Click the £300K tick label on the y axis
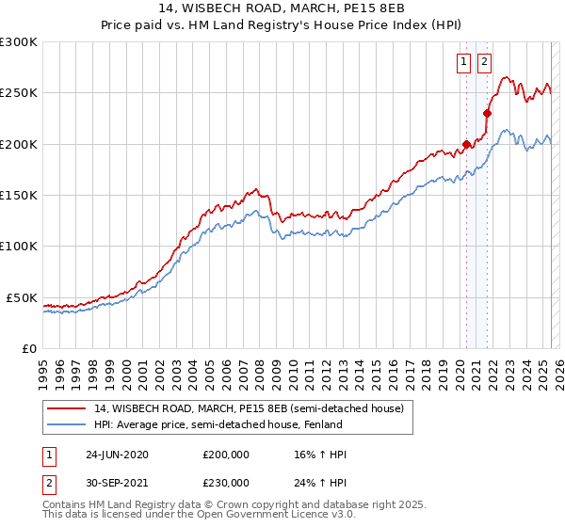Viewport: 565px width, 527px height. tap(19, 42)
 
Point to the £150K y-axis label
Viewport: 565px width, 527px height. tap(19, 196)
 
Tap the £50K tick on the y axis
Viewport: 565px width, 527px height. tap(22, 297)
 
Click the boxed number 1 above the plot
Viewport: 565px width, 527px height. tap(465, 63)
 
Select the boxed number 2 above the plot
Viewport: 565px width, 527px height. tap(484, 63)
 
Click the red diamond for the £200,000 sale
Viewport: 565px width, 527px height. tap(466, 145)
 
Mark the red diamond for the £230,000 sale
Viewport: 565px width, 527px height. tap(487, 114)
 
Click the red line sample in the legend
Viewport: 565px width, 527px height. tap(65, 408)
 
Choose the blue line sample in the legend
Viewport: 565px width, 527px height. tap(65, 424)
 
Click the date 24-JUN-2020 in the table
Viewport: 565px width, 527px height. tap(117, 455)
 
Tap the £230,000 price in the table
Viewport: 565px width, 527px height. tap(225, 482)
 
